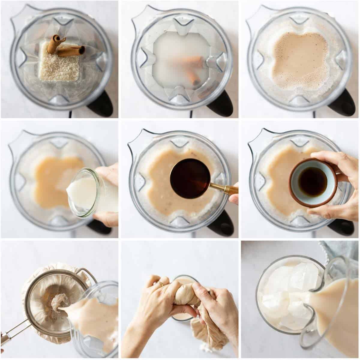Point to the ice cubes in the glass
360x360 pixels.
tap(285, 294)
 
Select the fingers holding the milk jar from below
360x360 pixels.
tap(105, 217)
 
